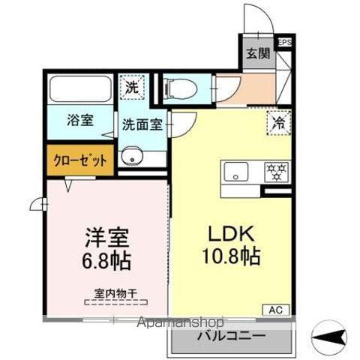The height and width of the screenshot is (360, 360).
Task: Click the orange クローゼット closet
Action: click(x=79, y=159)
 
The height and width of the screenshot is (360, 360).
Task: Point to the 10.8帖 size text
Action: click(x=229, y=257)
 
